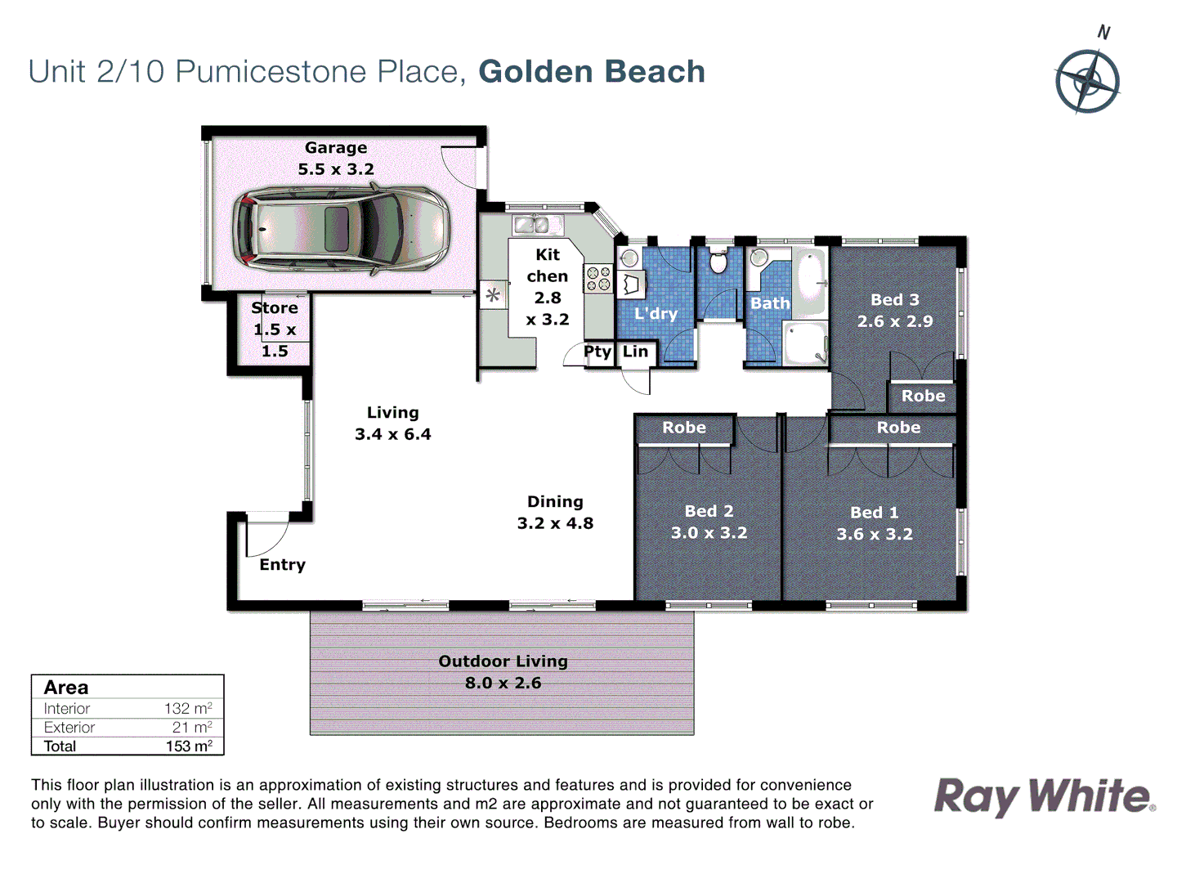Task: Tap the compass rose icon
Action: pos(1087,81)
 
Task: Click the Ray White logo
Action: pos(1044,796)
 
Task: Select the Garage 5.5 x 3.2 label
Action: pos(336,159)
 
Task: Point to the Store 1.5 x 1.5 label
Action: pos(275,329)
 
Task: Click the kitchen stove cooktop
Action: pos(598,279)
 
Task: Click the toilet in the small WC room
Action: pos(718,262)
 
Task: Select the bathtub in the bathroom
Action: pos(811,282)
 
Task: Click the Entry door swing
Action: pos(266,536)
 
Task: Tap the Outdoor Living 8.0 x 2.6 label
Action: pos(503,672)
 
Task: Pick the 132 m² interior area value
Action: pos(188,709)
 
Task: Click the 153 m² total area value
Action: pos(189,746)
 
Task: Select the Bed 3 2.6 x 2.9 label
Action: pos(895,311)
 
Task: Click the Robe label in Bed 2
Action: pos(684,428)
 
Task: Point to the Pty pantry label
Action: pos(597,352)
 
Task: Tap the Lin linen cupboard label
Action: pos(635,352)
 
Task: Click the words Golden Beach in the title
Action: pos(592,72)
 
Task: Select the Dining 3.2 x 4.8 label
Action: pos(555,513)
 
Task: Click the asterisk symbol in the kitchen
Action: pos(493,295)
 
